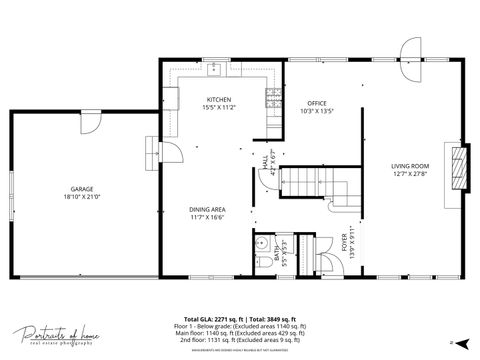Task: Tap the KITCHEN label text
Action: click(x=219, y=100)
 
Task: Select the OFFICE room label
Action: click(x=317, y=103)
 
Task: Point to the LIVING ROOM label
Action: click(x=410, y=166)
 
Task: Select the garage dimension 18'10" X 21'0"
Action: click(x=81, y=196)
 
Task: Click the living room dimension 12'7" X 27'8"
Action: click(x=410, y=174)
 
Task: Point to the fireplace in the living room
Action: click(x=458, y=167)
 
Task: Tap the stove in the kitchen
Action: click(x=272, y=97)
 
